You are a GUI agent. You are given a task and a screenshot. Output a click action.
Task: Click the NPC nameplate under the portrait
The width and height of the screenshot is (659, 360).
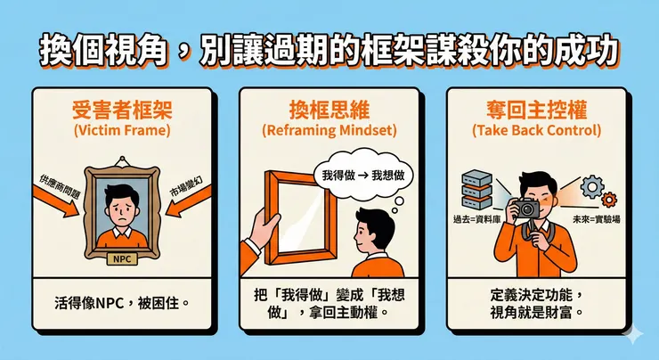coord(122,259)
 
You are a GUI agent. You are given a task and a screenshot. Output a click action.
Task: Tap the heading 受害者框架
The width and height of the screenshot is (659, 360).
coord(122,110)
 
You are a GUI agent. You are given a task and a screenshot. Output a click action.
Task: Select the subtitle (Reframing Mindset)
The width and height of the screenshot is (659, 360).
coord(329,130)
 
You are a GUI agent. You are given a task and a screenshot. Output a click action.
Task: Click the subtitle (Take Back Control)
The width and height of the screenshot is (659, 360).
coord(537,130)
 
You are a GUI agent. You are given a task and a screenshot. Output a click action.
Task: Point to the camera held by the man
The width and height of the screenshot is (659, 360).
coord(525,208)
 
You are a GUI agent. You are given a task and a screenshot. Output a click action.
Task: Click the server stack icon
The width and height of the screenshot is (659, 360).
coord(476,189)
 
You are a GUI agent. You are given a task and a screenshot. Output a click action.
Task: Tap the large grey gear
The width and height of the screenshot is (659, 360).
coord(592,187)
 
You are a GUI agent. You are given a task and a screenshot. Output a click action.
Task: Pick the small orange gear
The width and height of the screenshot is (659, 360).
coord(609,200)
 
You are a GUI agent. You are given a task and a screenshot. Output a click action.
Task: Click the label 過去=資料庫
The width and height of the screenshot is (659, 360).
coord(476,219)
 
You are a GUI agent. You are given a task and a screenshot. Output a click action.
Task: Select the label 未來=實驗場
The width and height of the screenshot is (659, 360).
coord(597,219)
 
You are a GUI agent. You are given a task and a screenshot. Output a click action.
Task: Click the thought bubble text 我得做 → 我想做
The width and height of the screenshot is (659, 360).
coord(363,176)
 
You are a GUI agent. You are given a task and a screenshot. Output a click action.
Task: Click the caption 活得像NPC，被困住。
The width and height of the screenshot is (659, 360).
coord(122,303)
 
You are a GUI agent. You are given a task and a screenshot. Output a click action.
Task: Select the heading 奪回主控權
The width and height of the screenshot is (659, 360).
coord(537,110)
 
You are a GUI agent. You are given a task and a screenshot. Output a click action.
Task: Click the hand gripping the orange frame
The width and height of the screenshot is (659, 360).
coord(262,228)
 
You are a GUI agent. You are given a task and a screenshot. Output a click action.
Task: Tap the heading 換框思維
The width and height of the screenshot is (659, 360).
coord(329,110)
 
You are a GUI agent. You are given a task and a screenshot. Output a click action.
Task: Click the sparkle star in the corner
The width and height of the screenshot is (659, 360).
coord(633,334)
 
